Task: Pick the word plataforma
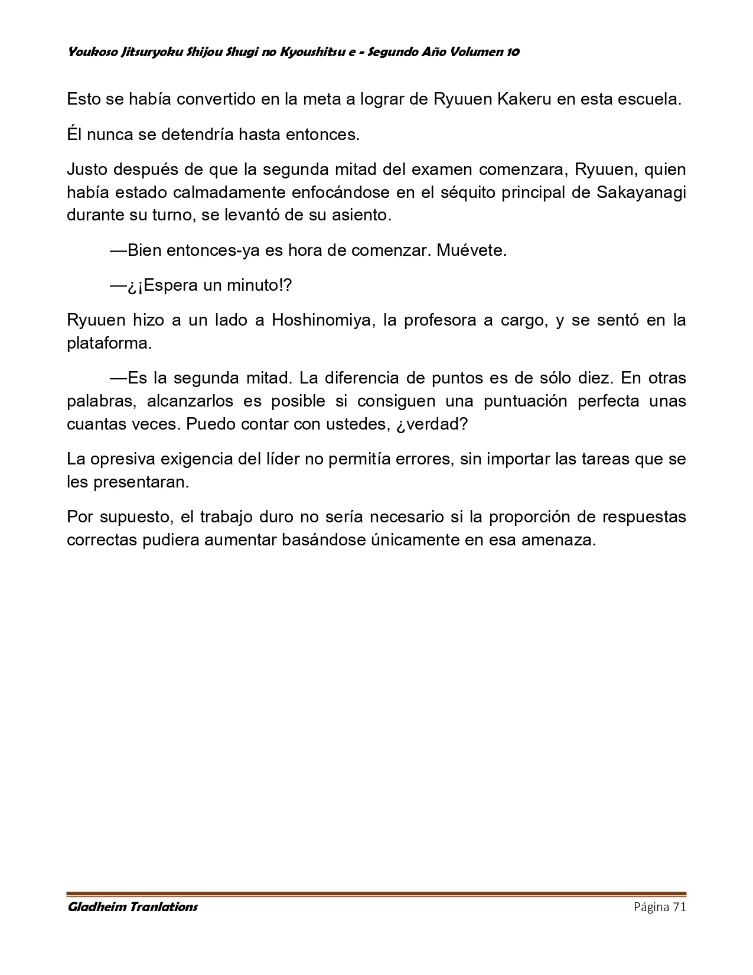pos(109,343)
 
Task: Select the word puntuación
pos(526,401)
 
